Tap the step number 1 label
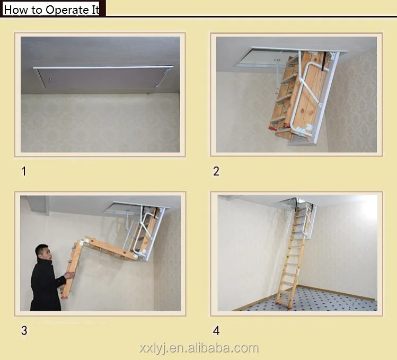coord(23,171)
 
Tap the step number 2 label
coord(216,171)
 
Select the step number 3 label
coord(24,330)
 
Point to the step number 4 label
coord(216,330)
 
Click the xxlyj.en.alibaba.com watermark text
coord(199,348)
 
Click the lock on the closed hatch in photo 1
coord(50,81)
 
